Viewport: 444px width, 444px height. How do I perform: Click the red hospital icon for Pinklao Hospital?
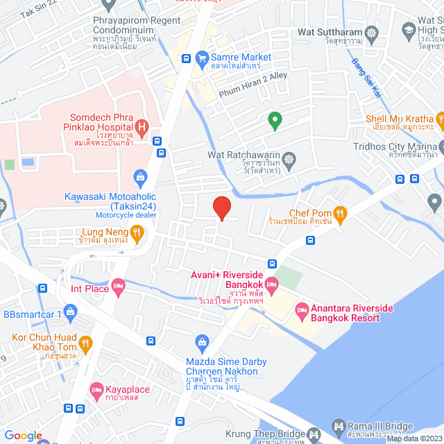click(x=142, y=126)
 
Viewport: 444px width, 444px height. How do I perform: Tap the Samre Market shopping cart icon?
click(x=203, y=58)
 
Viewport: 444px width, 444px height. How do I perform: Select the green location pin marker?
click(x=275, y=121)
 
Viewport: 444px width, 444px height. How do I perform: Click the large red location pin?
click(x=221, y=207)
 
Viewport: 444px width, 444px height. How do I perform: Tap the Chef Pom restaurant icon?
click(x=339, y=212)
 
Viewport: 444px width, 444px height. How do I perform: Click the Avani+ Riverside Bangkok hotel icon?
click(x=272, y=284)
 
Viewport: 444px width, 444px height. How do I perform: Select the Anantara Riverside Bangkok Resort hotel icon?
click(x=302, y=308)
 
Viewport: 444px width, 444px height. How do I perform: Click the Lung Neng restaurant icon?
click(x=137, y=232)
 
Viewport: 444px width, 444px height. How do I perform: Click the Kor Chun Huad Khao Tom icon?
click(x=86, y=342)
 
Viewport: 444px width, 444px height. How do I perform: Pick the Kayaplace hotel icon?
click(x=96, y=389)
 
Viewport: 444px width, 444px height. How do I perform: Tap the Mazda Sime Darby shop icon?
click(x=202, y=341)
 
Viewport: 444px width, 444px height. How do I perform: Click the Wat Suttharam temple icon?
click(x=372, y=33)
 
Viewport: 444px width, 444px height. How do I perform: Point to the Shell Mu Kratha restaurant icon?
click(x=439, y=119)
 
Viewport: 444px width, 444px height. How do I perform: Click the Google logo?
click(x=23, y=436)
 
